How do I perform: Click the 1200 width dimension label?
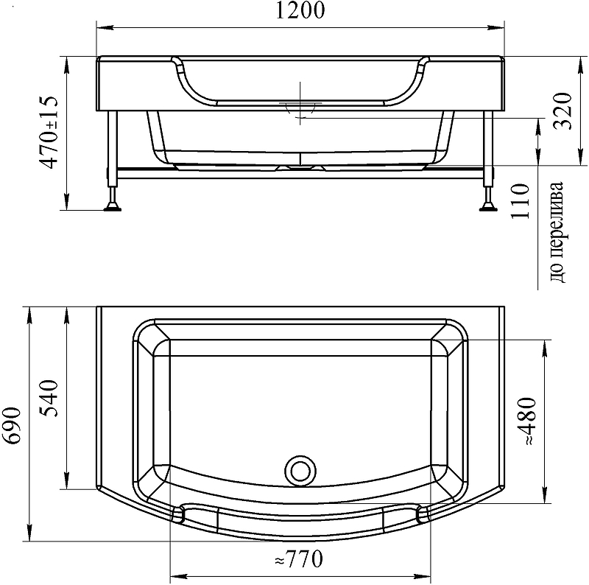(300, 10)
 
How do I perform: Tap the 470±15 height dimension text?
(49, 133)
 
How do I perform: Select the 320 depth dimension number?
(563, 111)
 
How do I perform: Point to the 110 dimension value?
(520, 200)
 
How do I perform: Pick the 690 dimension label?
(11, 425)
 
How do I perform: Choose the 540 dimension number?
(49, 399)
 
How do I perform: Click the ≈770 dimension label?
(299, 559)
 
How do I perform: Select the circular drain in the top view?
(300, 471)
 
